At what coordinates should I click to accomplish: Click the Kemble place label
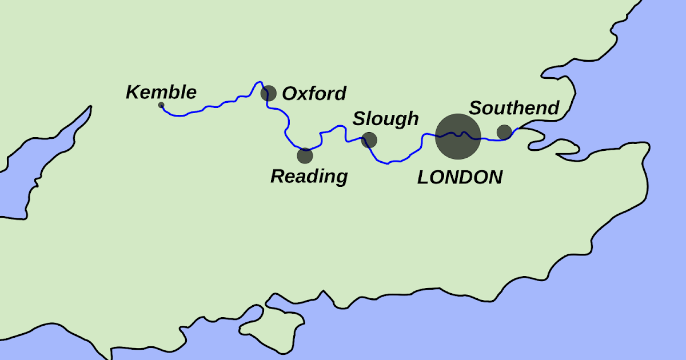161,92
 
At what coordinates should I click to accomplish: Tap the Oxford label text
314,93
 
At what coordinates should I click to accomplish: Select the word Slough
385,119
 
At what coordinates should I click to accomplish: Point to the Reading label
309,176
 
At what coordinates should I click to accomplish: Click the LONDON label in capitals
460,177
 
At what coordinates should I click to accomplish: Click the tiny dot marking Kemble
161,105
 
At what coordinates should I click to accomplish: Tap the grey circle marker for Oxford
269,93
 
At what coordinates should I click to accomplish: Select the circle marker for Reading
305,155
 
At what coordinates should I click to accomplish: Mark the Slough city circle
369,139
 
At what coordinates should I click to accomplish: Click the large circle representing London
457,137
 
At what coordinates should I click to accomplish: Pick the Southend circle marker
504,132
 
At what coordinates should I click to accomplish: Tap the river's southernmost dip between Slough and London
388,163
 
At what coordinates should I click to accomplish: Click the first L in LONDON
424,177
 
